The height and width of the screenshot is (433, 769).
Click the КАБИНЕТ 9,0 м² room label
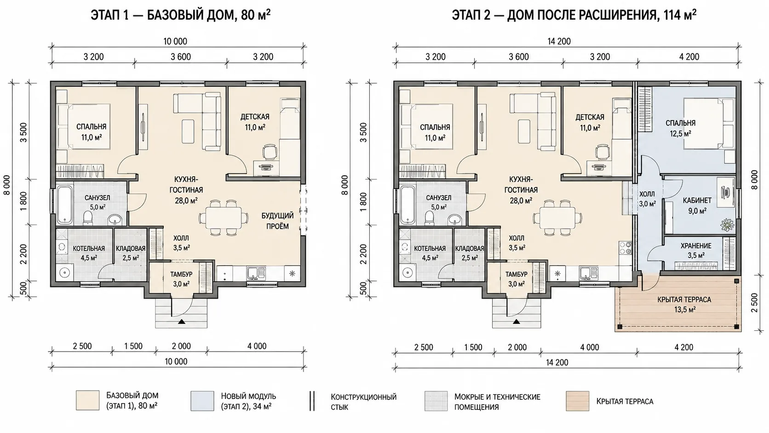[697, 205]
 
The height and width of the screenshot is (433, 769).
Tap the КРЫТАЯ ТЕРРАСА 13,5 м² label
[684, 305]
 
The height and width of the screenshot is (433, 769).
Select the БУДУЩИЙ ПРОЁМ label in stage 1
[277, 221]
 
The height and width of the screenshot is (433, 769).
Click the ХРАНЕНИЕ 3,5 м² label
[696, 250]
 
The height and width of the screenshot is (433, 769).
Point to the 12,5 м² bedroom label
[680, 133]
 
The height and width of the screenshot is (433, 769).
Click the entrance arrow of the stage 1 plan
[181, 322]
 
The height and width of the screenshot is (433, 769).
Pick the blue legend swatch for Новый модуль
[202, 401]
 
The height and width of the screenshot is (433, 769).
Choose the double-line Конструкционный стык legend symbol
[312, 401]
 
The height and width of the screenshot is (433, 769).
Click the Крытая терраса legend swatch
[577, 401]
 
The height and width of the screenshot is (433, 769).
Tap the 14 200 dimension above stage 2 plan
[559, 41]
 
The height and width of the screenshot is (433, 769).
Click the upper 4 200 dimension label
[689, 57]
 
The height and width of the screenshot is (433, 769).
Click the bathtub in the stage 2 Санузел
[407, 205]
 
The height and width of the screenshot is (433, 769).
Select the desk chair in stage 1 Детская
[270, 152]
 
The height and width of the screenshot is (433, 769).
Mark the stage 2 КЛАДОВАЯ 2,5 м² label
[469, 253]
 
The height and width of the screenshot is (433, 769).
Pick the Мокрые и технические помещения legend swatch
[436, 401]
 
